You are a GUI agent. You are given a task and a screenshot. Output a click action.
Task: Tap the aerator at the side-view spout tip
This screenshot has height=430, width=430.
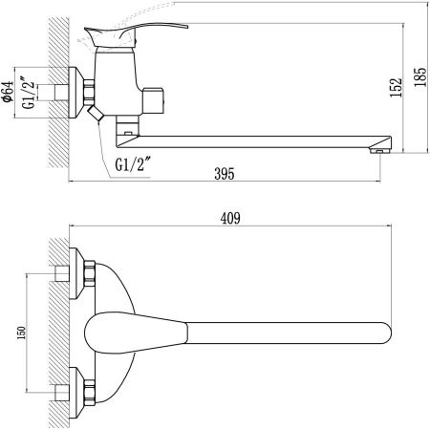381,148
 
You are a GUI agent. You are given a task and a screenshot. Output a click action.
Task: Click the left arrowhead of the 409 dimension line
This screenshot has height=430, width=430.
74,227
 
